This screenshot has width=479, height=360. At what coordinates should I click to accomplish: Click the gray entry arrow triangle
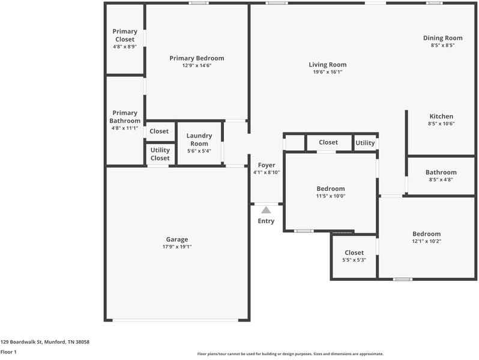click(x=266, y=210)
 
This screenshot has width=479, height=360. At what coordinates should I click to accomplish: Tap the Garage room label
click(x=176, y=239)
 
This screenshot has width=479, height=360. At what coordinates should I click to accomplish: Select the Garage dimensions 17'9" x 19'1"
click(x=176, y=247)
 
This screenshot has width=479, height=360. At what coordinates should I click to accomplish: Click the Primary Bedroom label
click(x=196, y=58)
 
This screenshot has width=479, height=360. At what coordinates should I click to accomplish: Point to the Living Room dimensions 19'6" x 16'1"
click(x=327, y=72)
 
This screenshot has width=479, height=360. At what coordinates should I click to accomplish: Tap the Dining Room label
click(x=442, y=38)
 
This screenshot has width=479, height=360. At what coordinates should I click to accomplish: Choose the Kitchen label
click(x=441, y=116)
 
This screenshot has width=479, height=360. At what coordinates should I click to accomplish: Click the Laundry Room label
click(x=199, y=140)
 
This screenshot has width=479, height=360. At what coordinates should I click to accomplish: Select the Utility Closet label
click(x=160, y=154)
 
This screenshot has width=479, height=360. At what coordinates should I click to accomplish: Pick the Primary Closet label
click(x=125, y=35)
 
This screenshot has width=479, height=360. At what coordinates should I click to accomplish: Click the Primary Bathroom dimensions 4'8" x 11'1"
click(x=125, y=128)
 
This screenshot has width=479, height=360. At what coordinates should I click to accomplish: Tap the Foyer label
click(x=266, y=165)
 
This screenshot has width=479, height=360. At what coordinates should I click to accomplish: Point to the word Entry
click(x=266, y=221)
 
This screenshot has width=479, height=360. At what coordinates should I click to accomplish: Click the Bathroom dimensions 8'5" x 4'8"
click(x=441, y=179)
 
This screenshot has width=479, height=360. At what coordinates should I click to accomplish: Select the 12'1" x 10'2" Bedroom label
click(x=426, y=234)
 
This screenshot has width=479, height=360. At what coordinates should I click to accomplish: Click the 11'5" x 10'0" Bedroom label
click(x=331, y=188)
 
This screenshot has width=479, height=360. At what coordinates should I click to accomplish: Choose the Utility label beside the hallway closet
click(x=365, y=143)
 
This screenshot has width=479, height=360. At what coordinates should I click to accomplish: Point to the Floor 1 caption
click(x=8, y=352)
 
